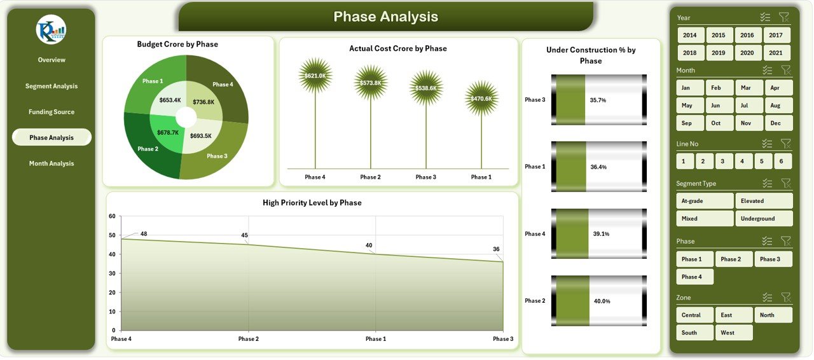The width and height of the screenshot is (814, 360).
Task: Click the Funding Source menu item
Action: click(x=52, y=112)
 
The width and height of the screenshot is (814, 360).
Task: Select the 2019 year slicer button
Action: click(x=719, y=53)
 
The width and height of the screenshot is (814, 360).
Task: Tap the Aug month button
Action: click(x=775, y=106)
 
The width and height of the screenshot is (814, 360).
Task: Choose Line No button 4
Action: click(x=743, y=162)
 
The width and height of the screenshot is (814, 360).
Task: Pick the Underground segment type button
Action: click(x=764, y=219)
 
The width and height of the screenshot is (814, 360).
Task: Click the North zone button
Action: click(x=773, y=315)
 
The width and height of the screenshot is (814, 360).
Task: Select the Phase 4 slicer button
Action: click(x=694, y=277)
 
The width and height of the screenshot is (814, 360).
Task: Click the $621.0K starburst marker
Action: click(x=315, y=76)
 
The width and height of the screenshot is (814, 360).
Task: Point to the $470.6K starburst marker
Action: click(x=481, y=99)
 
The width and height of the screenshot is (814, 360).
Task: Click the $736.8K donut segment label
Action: click(x=203, y=102)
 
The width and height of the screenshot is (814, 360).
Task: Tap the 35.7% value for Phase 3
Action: click(x=598, y=100)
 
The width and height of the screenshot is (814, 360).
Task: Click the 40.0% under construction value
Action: click(x=602, y=301)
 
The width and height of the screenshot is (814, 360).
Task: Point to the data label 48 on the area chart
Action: click(x=144, y=234)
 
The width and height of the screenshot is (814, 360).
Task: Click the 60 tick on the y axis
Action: click(x=112, y=216)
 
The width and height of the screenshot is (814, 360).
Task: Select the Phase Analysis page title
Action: click(x=385, y=17)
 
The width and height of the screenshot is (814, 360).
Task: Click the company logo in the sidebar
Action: click(x=52, y=29)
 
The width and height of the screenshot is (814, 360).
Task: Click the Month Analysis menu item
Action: click(x=52, y=163)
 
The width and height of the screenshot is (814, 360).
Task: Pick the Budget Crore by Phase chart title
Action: click(x=177, y=45)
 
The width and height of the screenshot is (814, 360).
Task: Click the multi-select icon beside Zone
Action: click(x=766, y=298)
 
